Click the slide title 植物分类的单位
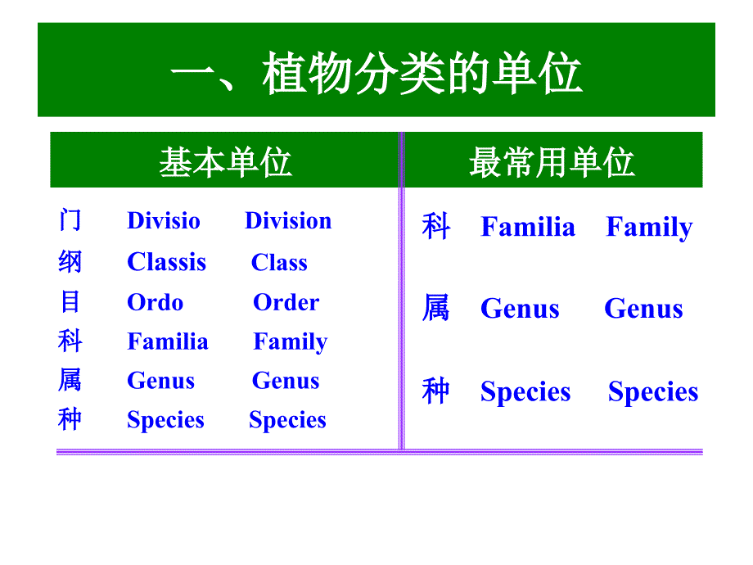422,73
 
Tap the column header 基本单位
225,162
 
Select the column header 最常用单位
552,162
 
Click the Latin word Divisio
163,221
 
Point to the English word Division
288,221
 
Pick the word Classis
166,262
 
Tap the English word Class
279,262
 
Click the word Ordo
156,303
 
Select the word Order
286,303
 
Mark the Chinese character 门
70,220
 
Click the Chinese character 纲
70,262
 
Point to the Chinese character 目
70,302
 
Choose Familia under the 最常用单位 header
528,227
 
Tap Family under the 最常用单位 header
649,228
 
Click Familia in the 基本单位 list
168,341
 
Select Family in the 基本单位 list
290,342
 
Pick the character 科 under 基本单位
70,341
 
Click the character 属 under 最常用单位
435,308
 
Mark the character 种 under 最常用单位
435,391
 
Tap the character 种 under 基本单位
70,419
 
